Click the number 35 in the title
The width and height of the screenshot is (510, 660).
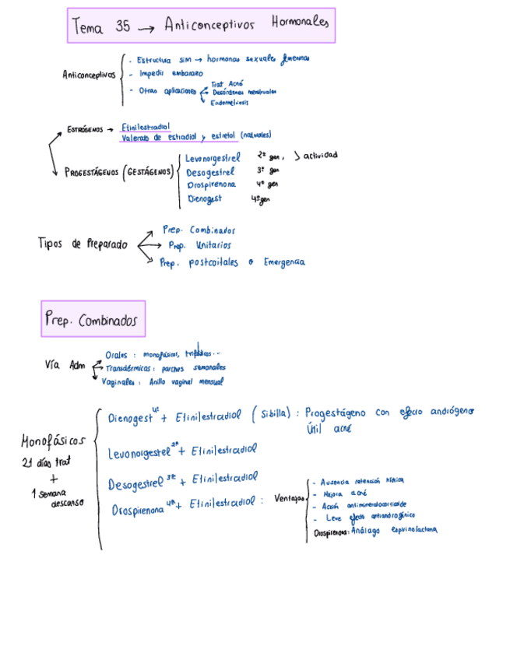122,26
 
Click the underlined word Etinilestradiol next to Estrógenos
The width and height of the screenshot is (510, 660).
146,127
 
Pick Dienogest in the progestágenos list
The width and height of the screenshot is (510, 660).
205,199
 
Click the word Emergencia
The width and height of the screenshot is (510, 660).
285,262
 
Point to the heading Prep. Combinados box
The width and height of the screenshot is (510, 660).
93,319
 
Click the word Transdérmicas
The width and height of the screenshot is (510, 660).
128,368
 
